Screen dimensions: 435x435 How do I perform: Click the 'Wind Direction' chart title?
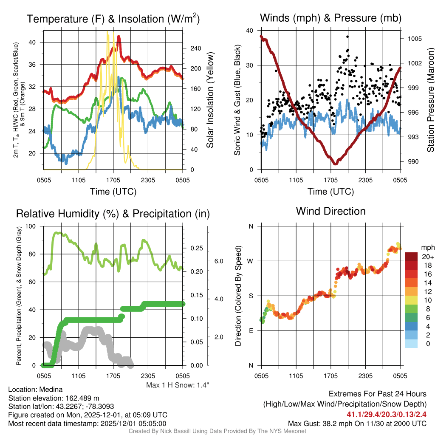coord(330,211)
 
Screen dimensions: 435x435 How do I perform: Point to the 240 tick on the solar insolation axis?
coord(195,48)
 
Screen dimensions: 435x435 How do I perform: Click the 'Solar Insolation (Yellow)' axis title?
coord(210,100)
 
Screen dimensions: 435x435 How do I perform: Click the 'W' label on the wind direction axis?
coord(251,261)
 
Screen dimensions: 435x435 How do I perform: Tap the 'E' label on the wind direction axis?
coord(251,330)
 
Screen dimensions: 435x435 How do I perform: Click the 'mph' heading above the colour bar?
coord(427,247)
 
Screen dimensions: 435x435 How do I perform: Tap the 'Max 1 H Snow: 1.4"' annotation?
coord(178,385)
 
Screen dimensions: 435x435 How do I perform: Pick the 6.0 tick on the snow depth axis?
coord(217,261)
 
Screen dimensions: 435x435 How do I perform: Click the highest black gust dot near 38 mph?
coord(347,37)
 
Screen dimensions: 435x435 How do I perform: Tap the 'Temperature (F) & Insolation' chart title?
coord(113,19)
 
